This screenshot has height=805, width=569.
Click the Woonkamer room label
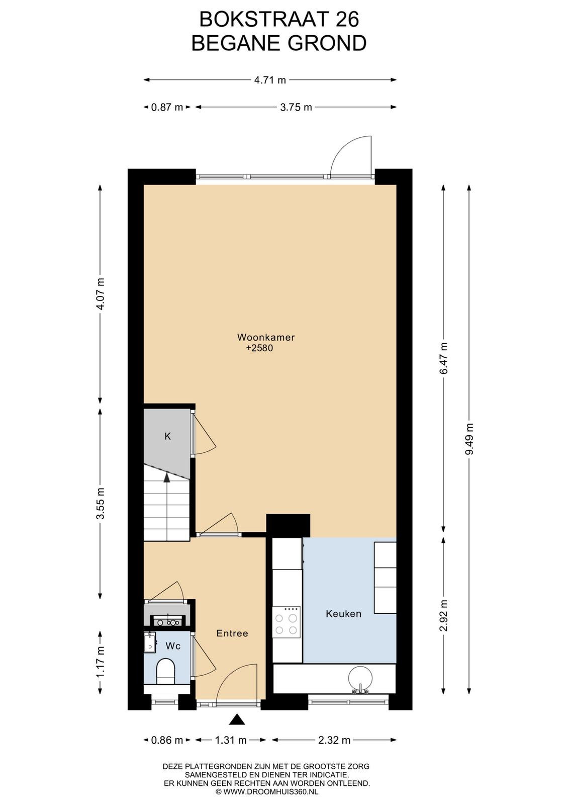[266, 338]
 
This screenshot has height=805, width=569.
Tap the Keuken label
[343, 614]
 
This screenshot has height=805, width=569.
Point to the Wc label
[173, 646]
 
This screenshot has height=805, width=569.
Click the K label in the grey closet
[168, 436]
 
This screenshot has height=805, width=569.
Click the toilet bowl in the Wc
[165, 671]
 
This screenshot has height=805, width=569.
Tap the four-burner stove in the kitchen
[286, 622]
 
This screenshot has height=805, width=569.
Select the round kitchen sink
[360, 677]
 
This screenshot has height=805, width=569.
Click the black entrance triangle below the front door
[237, 719]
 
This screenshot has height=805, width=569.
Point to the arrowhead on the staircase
[167, 477]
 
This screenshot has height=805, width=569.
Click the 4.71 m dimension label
[270, 80]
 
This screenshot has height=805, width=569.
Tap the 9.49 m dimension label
[469, 439]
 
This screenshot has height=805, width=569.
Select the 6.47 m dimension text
[444, 358]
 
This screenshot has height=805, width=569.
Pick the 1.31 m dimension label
[231, 740]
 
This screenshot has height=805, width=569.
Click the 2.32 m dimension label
[334, 740]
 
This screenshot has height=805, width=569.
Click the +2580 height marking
[259, 348]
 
